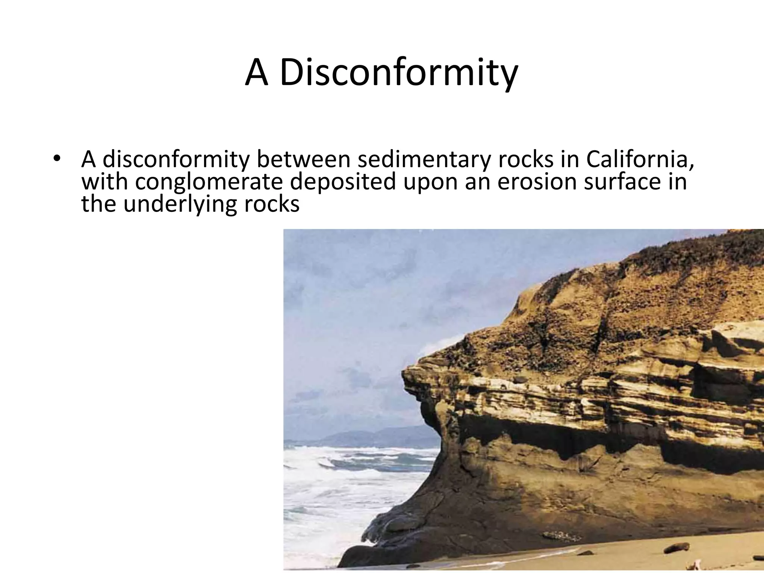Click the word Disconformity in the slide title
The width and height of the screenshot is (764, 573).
pyautogui.click(x=398, y=73)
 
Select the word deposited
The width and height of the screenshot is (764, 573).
pyautogui.click(x=342, y=182)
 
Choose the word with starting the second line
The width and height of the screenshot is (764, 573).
pyautogui.click(x=104, y=182)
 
